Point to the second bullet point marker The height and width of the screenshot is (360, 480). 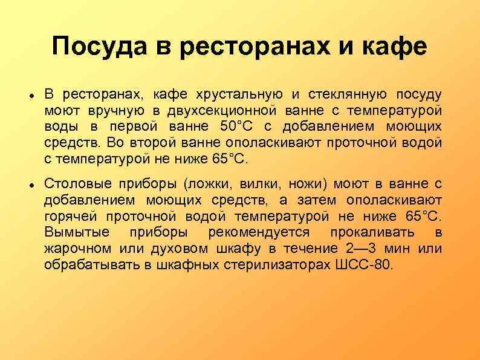30,183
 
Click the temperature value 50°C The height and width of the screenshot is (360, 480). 242,127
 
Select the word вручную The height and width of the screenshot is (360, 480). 115,111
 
